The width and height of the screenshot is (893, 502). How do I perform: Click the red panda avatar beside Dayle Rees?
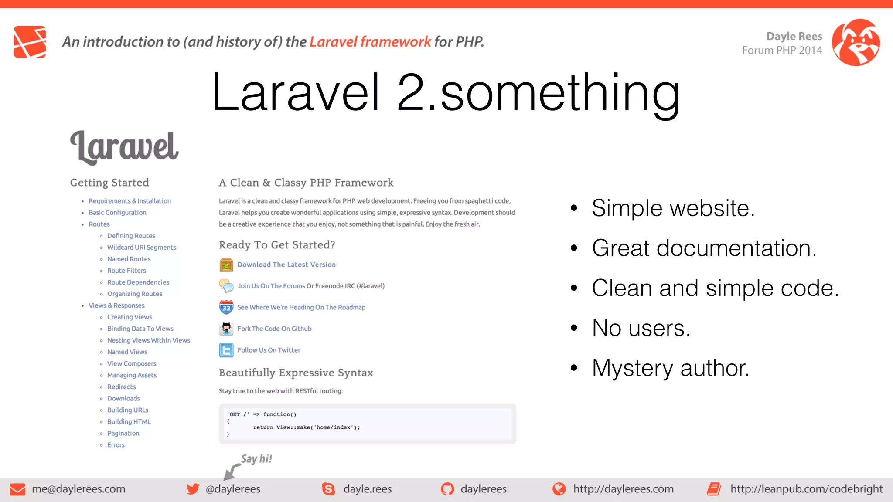click(x=856, y=42)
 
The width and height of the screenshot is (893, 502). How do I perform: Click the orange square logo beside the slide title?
click(x=30, y=42)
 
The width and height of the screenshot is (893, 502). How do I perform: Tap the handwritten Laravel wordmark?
click(x=124, y=147)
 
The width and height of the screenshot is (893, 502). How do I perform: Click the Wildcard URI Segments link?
click(x=142, y=247)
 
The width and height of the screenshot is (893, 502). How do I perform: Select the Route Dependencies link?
click(x=138, y=282)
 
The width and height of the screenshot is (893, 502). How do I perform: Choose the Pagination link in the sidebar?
click(x=123, y=433)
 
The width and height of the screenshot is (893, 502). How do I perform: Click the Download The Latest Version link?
click(x=286, y=265)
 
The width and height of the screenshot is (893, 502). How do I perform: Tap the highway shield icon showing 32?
click(x=226, y=307)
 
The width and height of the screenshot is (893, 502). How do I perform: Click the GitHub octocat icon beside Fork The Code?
click(x=226, y=329)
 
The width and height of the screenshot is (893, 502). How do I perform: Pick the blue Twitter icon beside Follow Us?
click(x=226, y=350)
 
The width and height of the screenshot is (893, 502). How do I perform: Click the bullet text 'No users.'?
click(x=641, y=328)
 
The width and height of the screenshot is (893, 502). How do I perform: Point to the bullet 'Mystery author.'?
click(x=670, y=368)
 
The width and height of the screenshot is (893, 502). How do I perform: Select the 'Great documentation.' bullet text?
click(x=704, y=248)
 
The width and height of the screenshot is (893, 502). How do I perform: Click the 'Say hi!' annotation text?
click(x=256, y=458)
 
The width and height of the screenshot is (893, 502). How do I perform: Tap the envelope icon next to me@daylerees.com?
click(x=17, y=489)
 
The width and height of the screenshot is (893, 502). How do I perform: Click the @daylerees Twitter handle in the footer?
click(x=233, y=489)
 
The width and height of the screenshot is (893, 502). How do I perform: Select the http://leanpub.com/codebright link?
click(x=806, y=489)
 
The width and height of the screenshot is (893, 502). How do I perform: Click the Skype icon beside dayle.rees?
click(x=328, y=489)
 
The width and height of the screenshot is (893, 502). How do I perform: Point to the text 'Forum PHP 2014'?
click(x=782, y=50)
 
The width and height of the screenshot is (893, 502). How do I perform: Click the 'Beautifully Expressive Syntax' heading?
click(x=296, y=373)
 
